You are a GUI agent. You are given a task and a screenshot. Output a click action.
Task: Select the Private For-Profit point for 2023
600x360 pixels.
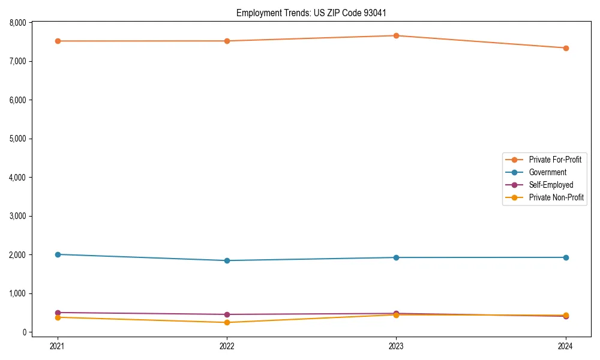pyautogui.click(x=396, y=35)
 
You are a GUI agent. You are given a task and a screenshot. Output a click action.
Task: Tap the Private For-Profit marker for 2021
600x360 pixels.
pyautogui.click(x=58, y=41)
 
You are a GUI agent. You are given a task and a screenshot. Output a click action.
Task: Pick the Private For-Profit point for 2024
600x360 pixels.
pyautogui.click(x=566, y=48)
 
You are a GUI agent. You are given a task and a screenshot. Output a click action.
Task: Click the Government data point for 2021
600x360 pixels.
pyautogui.click(x=58, y=254)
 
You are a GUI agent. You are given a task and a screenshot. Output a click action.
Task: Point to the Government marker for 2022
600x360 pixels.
pyautogui.click(x=227, y=260)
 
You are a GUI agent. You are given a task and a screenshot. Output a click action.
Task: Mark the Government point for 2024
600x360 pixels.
pyautogui.click(x=566, y=257)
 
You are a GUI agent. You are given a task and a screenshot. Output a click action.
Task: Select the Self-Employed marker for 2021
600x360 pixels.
pyautogui.click(x=58, y=313)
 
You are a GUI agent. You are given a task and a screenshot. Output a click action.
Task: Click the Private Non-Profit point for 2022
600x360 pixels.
pyautogui.click(x=227, y=322)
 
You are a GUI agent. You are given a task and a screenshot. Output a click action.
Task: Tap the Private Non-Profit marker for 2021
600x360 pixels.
pyautogui.click(x=58, y=317)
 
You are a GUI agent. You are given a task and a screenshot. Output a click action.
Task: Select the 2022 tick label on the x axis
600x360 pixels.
pyautogui.click(x=227, y=346)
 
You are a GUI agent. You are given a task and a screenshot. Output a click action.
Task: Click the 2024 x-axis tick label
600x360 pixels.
pyautogui.click(x=566, y=346)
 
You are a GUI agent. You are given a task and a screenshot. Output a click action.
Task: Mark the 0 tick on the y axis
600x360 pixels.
pyautogui.click(x=25, y=332)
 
